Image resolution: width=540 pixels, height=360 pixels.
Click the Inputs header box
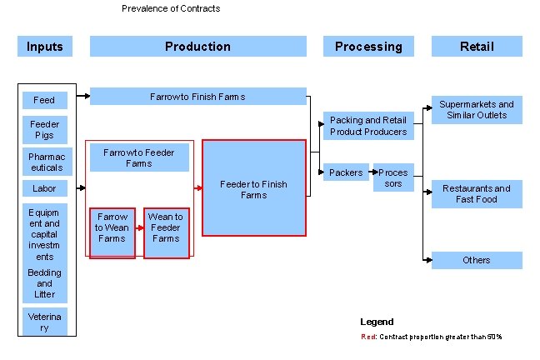pos(44,47)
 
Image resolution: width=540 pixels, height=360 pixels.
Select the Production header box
pos(197,47)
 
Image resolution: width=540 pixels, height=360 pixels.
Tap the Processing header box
pos(367,47)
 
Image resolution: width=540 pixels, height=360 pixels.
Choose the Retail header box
pos(477,47)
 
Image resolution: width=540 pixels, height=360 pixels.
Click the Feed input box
pos(44,100)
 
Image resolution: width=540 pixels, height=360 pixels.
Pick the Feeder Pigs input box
pos(44,130)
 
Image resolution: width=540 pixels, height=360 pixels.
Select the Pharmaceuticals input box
pos(44,162)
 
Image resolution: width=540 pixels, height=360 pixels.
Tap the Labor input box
pos(44,188)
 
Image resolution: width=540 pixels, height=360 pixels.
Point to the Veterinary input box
pos(44,322)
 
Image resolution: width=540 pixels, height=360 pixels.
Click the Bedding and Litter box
pos(44,283)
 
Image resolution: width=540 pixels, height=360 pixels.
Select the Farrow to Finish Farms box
pos(197,97)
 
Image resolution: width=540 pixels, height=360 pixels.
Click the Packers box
pos(346,172)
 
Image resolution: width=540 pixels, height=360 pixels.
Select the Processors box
pos(393,177)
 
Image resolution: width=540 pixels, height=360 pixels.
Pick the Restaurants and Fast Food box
pos(477,194)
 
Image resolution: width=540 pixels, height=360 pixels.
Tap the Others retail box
pos(477,260)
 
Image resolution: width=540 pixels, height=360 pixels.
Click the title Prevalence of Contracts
pos(171,8)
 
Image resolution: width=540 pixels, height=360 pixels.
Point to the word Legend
pos(377,322)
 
